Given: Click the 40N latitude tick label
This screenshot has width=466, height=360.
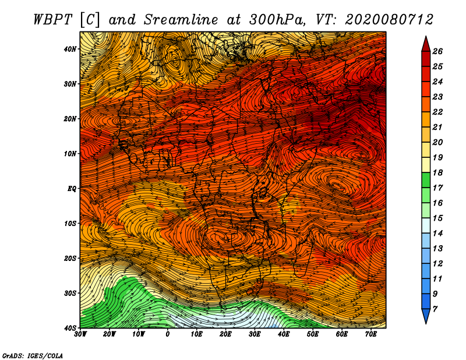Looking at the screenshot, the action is [x=70, y=49].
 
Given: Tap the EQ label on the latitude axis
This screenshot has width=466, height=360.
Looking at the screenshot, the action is [x=72, y=189].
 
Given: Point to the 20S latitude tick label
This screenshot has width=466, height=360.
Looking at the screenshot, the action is [x=70, y=258].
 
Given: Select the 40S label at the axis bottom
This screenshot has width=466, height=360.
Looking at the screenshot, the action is [x=70, y=328].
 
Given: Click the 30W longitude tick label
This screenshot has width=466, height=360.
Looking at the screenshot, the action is [x=80, y=334].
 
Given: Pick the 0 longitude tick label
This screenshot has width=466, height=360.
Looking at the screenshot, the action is [x=168, y=334].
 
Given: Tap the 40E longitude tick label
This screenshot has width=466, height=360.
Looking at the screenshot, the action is [x=284, y=334].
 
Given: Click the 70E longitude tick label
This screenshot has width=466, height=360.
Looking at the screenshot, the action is [x=371, y=334].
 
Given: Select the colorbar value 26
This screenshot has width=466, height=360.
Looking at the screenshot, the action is [x=437, y=51].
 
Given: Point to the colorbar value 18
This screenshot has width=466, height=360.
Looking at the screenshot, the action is [x=437, y=172].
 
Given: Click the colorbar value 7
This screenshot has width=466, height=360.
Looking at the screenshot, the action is [x=435, y=309].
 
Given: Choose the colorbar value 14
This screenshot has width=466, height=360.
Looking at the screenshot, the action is [x=437, y=234].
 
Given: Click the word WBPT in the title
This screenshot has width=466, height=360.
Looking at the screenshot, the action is [x=52, y=20].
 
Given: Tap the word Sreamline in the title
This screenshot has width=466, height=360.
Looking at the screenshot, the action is [x=181, y=20].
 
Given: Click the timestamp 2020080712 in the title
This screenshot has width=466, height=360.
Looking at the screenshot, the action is [x=389, y=20].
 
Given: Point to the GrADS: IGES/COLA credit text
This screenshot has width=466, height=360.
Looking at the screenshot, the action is [x=33, y=356].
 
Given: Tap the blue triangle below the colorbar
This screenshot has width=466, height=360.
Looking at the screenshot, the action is [x=426, y=315].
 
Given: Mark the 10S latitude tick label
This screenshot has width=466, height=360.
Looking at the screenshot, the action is [x=70, y=224].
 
